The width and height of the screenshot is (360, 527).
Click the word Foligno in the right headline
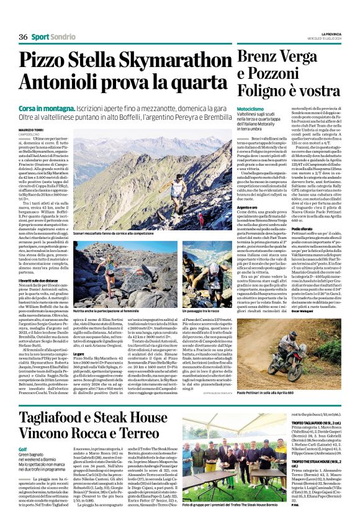(x=266, y=95)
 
